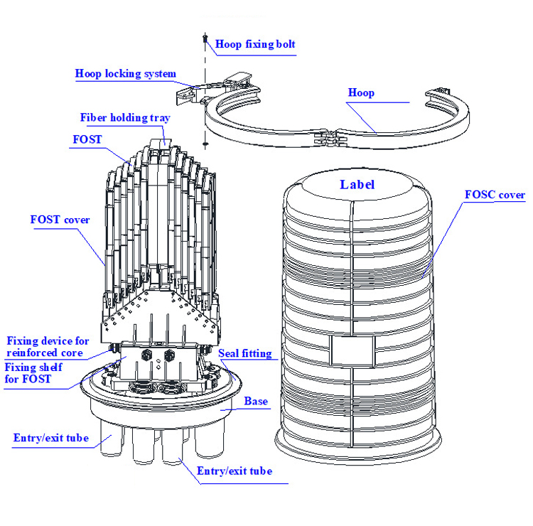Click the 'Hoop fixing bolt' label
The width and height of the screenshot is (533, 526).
(255, 44)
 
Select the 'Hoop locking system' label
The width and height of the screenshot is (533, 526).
(126, 73)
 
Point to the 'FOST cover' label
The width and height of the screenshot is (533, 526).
(60, 220)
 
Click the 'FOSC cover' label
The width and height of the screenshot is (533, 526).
(495, 195)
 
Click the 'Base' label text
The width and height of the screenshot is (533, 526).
(256, 402)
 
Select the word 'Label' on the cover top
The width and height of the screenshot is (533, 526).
(357, 185)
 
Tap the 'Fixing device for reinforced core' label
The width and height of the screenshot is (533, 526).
(48, 347)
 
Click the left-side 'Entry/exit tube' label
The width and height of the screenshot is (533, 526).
(50, 438)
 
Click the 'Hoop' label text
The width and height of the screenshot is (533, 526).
(361, 92)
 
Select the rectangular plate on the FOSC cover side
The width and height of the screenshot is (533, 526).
(352, 349)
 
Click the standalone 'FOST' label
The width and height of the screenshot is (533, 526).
(87, 139)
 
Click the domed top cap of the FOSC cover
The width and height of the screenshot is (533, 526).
(355, 186)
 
